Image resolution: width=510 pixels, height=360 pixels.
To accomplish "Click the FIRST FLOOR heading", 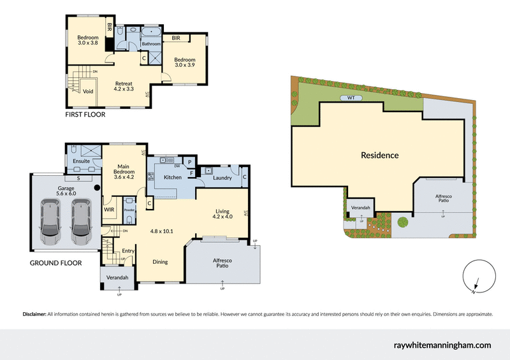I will pyautogui.click(x=85, y=115).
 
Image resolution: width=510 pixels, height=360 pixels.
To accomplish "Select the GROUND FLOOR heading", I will pyautogui.click(x=55, y=263).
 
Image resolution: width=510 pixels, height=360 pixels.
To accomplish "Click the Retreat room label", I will pyautogui.click(x=123, y=87).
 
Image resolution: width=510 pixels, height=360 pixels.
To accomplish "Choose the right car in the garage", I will pyautogui.click(x=80, y=222).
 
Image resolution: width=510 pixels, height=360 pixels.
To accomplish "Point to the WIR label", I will pyautogui.click(x=109, y=208).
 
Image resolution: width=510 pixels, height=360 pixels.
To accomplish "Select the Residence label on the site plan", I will pyautogui.click(x=379, y=155).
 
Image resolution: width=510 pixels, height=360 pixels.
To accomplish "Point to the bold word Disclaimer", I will pyautogui.click(x=34, y=314).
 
